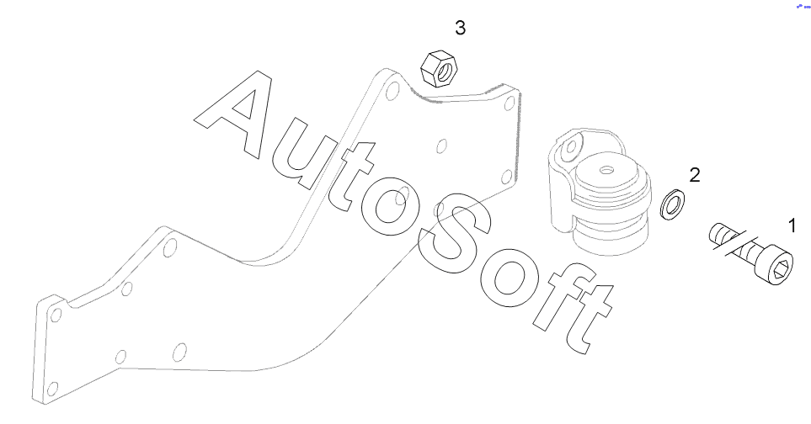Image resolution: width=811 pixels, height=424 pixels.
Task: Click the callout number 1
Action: pos(791,225)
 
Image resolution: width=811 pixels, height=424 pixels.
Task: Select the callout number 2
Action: pos(695,175)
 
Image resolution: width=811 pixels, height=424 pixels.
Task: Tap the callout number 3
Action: pos(460,28)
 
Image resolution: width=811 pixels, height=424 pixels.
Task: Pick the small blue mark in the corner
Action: pos(799,5)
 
